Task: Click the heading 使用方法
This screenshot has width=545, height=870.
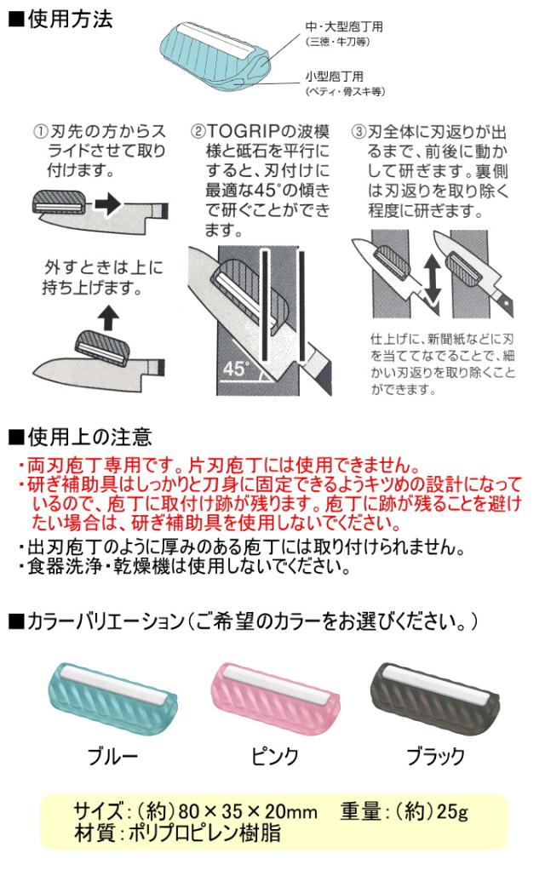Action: point(69,20)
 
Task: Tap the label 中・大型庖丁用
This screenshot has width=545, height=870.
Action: point(343,26)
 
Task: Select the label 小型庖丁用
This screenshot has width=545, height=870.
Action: point(334,77)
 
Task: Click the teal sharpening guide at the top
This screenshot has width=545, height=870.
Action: point(215,54)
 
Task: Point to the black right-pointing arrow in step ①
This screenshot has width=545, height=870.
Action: point(108,203)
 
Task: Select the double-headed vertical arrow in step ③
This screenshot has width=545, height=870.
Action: point(433,279)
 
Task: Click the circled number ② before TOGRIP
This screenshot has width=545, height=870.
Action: point(198,132)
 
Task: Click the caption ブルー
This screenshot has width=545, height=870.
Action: point(112,756)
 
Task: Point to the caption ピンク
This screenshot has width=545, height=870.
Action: point(275,756)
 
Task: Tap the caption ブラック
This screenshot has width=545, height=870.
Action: point(436,756)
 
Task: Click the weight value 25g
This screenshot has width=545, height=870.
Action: point(452,812)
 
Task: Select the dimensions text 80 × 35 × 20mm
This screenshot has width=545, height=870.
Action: point(248,812)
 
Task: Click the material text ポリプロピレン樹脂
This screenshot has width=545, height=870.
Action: point(204,833)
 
